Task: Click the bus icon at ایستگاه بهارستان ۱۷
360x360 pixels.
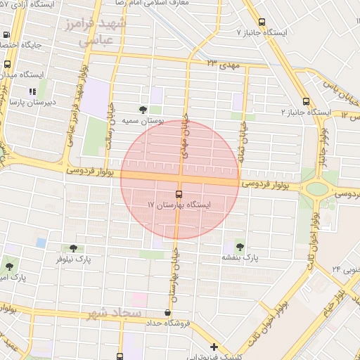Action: click(179, 194)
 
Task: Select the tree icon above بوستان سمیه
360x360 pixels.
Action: click(143, 110)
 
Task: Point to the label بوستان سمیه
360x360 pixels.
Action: click(143, 121)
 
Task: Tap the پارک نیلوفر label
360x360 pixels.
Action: click(75, 259)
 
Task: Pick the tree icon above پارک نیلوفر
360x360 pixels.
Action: click(73, 248)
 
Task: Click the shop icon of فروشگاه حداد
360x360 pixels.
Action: click(167, 313)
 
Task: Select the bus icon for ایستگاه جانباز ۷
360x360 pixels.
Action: click(262, 22)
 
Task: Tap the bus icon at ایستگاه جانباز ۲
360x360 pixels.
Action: click(305, 101)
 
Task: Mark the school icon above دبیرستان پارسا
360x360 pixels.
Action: click(32, 91)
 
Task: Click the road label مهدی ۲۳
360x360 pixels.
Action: click(224, 63)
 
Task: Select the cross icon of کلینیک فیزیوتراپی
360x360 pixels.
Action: click(214, 347)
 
